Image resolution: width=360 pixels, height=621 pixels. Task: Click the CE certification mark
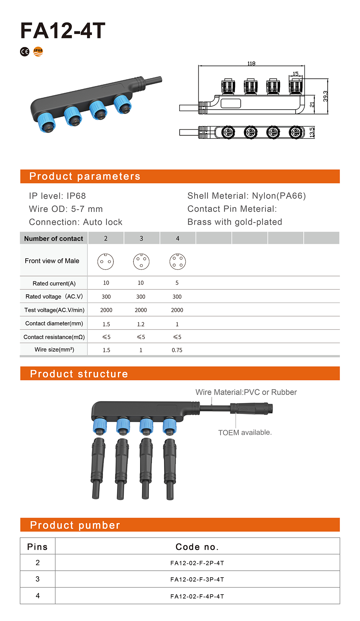pos(25,52)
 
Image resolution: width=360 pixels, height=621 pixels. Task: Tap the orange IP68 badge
pos(38,51)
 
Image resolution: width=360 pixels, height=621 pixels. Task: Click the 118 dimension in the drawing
pos(251,63)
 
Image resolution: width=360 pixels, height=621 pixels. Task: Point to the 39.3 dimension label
pos(325,96)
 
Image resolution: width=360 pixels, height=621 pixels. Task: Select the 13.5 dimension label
pos(312,132)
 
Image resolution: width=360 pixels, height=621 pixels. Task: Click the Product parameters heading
pos(85,176)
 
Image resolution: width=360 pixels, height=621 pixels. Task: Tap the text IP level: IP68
pos(57,196)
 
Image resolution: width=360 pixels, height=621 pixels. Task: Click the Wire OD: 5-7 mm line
pos(66,209)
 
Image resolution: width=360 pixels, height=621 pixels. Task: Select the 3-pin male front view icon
pos(141,262)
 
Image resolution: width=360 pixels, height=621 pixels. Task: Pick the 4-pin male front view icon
pos(178,262)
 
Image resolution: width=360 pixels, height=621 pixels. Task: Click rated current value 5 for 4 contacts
pos(177,283)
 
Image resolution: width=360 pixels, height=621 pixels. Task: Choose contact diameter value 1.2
pos(141,324)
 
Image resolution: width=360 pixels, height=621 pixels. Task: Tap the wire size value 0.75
pos(177,350)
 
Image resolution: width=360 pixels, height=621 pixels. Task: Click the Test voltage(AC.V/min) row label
pos(54,310)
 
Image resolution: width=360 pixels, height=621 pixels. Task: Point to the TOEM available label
pos(245,432)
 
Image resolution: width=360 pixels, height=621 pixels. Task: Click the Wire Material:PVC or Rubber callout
pos(246,392)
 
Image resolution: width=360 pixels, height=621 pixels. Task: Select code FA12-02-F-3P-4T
pos(197,579)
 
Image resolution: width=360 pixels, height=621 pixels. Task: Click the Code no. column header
pos(197,547)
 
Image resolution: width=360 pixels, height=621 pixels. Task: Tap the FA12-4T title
pos(63,31)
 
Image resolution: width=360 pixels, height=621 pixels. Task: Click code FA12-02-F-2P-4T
pos(197,563)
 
